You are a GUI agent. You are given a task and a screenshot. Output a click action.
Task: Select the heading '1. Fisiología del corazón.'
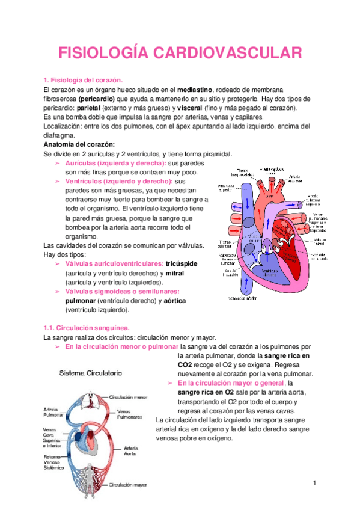click(83, 80)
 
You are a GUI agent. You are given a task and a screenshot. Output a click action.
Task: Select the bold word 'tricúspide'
click(182, 264)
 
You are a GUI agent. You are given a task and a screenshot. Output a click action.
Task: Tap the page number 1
click(314, 484)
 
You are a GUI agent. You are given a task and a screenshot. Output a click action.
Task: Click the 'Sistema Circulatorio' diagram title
click(90, 373)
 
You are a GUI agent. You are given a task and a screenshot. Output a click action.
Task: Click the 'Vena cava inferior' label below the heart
click(243, 298)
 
